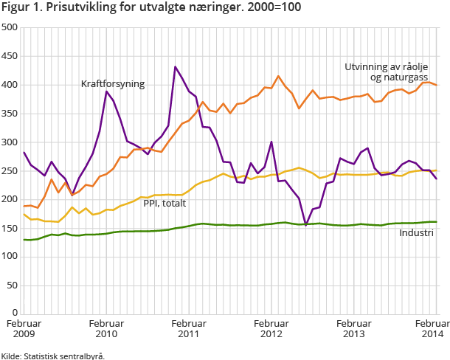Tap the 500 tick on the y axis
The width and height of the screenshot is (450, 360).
(10, 27)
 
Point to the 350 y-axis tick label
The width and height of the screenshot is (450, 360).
(10, 114)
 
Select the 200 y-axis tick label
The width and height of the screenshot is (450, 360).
(10, 199)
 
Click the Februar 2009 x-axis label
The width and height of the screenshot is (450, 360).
(24, 329)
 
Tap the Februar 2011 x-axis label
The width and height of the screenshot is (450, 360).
(189, 329)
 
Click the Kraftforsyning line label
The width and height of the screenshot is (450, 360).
(113, 84)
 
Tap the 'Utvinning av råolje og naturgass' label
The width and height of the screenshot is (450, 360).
(386, 72)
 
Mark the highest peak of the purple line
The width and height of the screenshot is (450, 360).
(175, 67)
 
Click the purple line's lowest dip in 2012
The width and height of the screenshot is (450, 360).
(305, 224)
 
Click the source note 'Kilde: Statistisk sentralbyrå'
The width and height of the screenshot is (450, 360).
(52, 355)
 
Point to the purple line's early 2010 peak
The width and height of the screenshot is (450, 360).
(106, 91)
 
